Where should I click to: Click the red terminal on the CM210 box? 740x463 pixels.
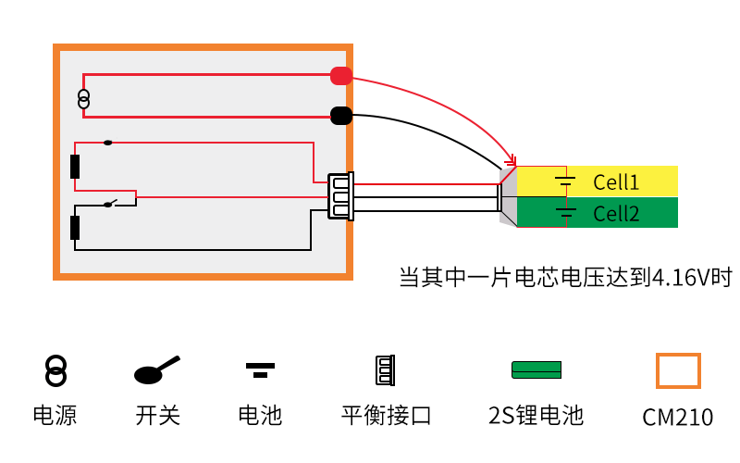tap(341, 76)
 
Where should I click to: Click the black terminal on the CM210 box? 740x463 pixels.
tap(341, 116)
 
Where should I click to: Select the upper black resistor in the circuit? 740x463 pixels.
tap(75, 167)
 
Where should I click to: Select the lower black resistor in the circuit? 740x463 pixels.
tap(75, 227)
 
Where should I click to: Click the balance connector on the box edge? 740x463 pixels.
tap(340, 196)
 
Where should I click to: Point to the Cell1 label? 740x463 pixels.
tap(616, 181)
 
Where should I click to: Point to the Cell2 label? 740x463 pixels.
tap(616, 214)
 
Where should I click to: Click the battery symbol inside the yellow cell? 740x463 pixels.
tap(565, 180)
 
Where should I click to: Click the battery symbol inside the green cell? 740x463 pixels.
tap(565, 213)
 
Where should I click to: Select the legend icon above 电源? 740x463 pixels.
tap(55, 370)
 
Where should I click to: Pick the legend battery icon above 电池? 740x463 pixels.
tap(260, 370)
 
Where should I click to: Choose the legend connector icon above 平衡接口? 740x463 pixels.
tap(385, 370)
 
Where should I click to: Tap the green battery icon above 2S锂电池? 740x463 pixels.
tap(536, 369)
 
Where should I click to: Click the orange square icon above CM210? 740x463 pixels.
tap(678, 370)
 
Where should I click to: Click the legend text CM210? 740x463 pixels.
tap(678, 418)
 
